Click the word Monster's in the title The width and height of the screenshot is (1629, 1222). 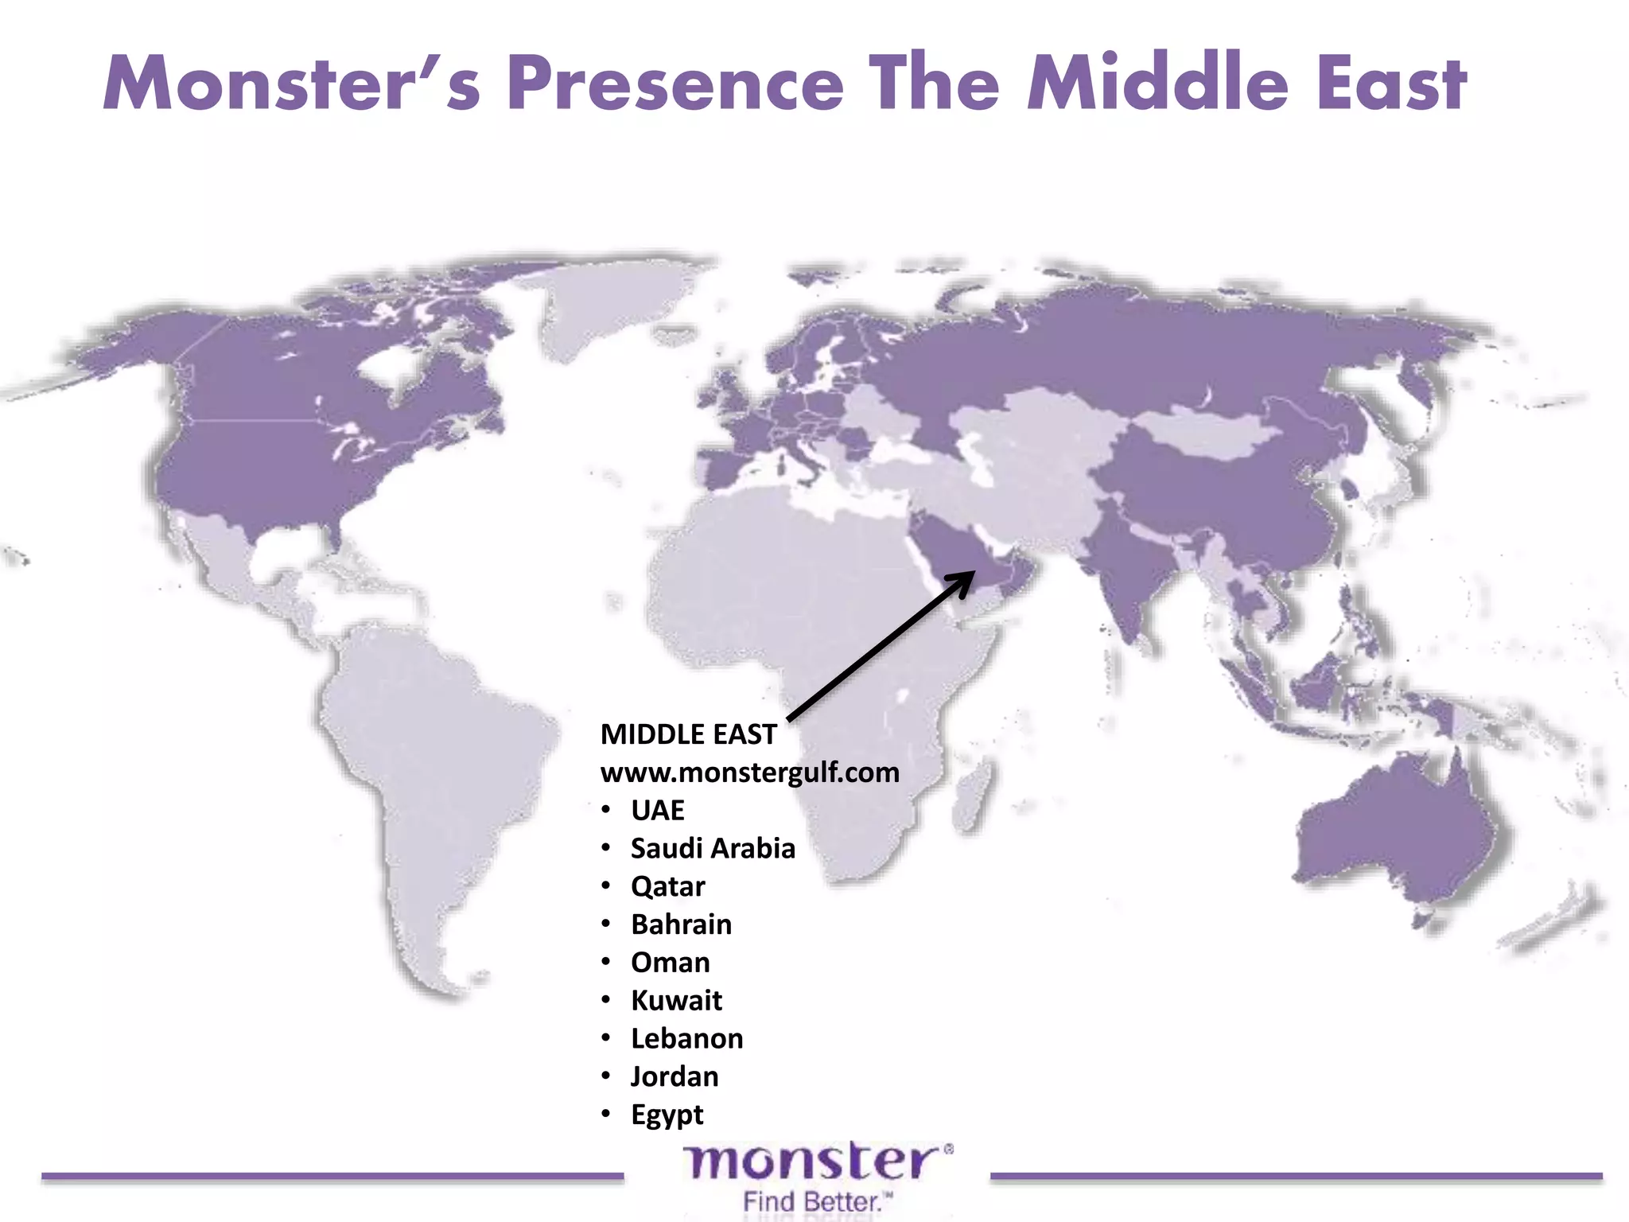292,84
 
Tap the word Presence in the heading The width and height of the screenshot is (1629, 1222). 675,84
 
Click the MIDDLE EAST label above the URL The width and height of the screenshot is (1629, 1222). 688,734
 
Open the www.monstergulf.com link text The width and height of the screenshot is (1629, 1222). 749,773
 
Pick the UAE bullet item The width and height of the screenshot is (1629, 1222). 657,811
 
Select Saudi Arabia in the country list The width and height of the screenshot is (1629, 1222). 713,849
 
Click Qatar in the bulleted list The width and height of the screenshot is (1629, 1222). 667,886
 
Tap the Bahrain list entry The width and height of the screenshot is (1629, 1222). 681,924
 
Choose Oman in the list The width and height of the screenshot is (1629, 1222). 670,963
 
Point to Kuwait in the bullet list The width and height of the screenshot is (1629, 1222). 676,1001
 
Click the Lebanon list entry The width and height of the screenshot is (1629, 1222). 686,1039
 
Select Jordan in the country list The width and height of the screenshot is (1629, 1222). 675,1077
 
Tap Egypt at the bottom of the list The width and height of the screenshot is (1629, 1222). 667,1115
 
